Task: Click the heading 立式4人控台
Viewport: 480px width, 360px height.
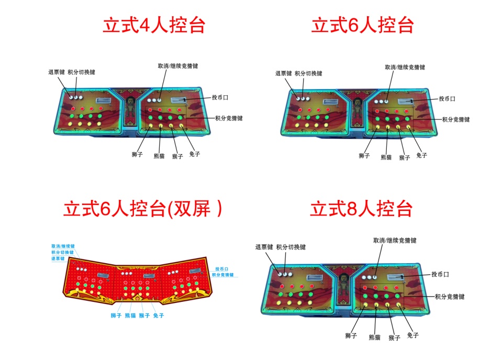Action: pos(153,25)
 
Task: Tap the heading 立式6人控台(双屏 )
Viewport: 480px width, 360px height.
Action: pos(142,209)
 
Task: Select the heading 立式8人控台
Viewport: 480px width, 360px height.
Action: pos(362,209)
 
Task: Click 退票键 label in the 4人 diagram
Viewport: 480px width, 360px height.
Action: pos(57,73)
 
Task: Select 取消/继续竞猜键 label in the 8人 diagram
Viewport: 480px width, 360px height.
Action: pos(395,240)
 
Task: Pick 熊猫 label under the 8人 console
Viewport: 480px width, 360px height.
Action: pos(374,337)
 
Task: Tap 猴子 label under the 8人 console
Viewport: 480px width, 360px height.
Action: pos(394,338)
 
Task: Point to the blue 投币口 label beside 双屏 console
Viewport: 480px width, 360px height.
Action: pos(219,268)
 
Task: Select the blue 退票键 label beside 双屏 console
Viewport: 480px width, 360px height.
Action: pos(58,258)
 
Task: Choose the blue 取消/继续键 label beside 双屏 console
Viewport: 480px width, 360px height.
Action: pos(63,246)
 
